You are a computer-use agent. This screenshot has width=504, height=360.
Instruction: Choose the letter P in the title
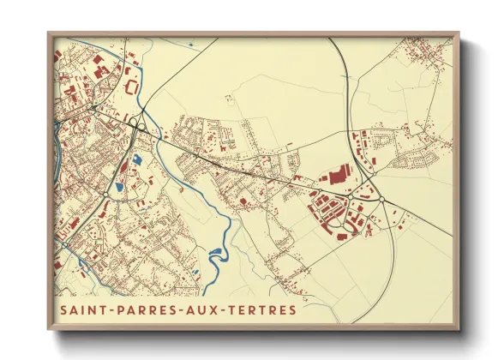click(118, 309)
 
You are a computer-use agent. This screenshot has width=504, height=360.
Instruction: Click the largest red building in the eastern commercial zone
click(336, 177)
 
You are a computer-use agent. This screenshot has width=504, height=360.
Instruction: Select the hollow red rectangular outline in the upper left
click(132, 86)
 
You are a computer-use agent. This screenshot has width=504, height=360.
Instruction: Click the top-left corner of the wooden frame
click(49, 34)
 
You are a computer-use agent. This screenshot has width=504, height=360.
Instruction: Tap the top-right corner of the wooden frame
click(459, 34)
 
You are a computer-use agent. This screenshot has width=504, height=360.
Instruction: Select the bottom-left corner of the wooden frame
click(49, 329)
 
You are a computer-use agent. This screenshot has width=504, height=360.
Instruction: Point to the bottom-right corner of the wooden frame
click(459, 329)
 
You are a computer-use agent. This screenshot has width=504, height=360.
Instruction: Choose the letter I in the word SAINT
click(87, 309)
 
